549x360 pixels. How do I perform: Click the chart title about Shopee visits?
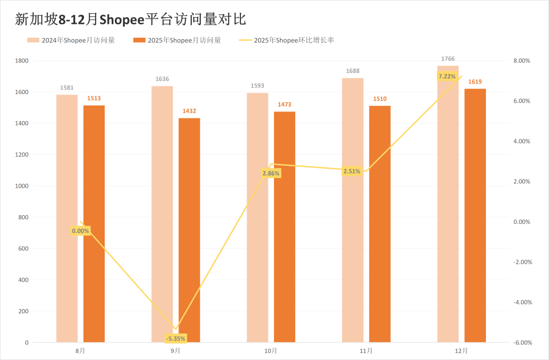131,19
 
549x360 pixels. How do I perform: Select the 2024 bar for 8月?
67,218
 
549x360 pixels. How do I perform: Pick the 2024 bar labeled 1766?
448,203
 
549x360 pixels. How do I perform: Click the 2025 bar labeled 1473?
285,226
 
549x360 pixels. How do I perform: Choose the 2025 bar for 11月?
380,224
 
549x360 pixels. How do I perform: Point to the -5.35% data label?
176,338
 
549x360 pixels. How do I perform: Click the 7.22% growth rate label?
447,76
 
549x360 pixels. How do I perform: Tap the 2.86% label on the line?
271,173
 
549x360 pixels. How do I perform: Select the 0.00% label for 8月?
80,231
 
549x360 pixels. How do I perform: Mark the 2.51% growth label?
352,171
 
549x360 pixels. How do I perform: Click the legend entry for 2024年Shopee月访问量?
71,40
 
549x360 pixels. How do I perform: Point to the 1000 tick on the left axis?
22,186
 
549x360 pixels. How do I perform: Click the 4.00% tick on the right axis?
522,141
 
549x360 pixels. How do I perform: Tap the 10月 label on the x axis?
271,351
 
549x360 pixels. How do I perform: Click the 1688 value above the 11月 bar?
352,72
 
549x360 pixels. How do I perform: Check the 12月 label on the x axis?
462,351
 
